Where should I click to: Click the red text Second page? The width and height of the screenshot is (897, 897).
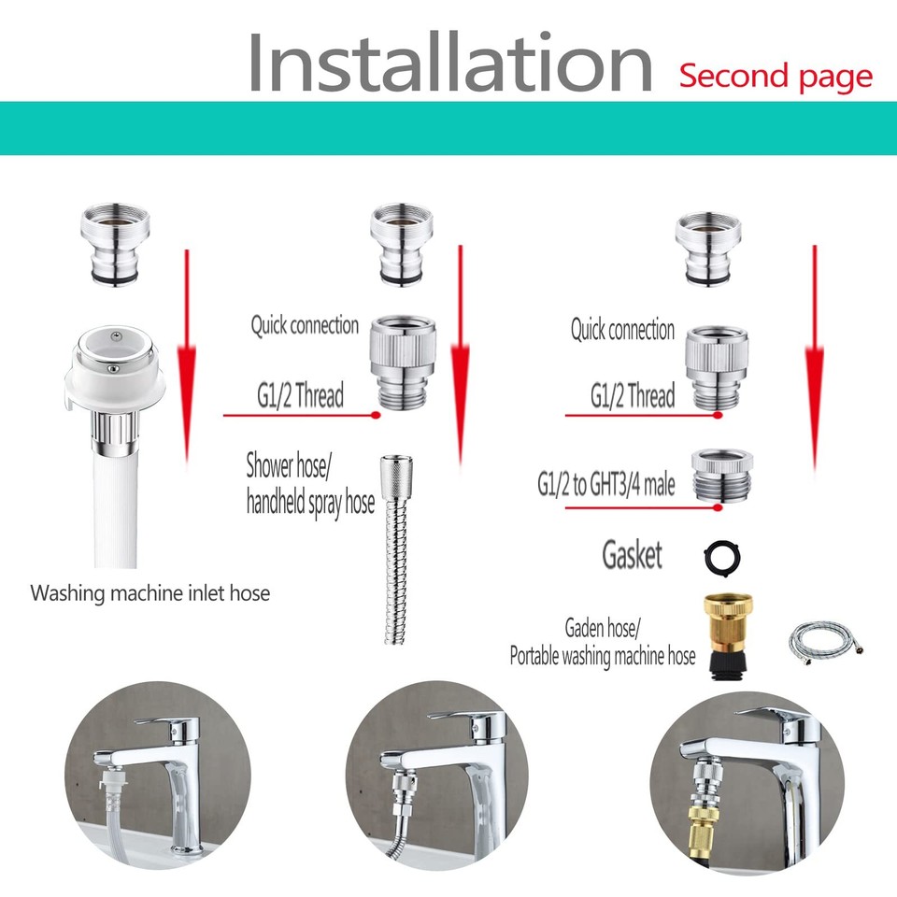coord(776,76)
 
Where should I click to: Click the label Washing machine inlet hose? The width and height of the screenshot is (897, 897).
coord(149,592)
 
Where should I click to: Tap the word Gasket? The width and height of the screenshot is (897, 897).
coord(632,556)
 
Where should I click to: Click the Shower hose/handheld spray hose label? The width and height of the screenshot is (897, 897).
coord(309,483)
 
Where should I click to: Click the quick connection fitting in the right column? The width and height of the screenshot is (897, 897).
coord(717,367)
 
